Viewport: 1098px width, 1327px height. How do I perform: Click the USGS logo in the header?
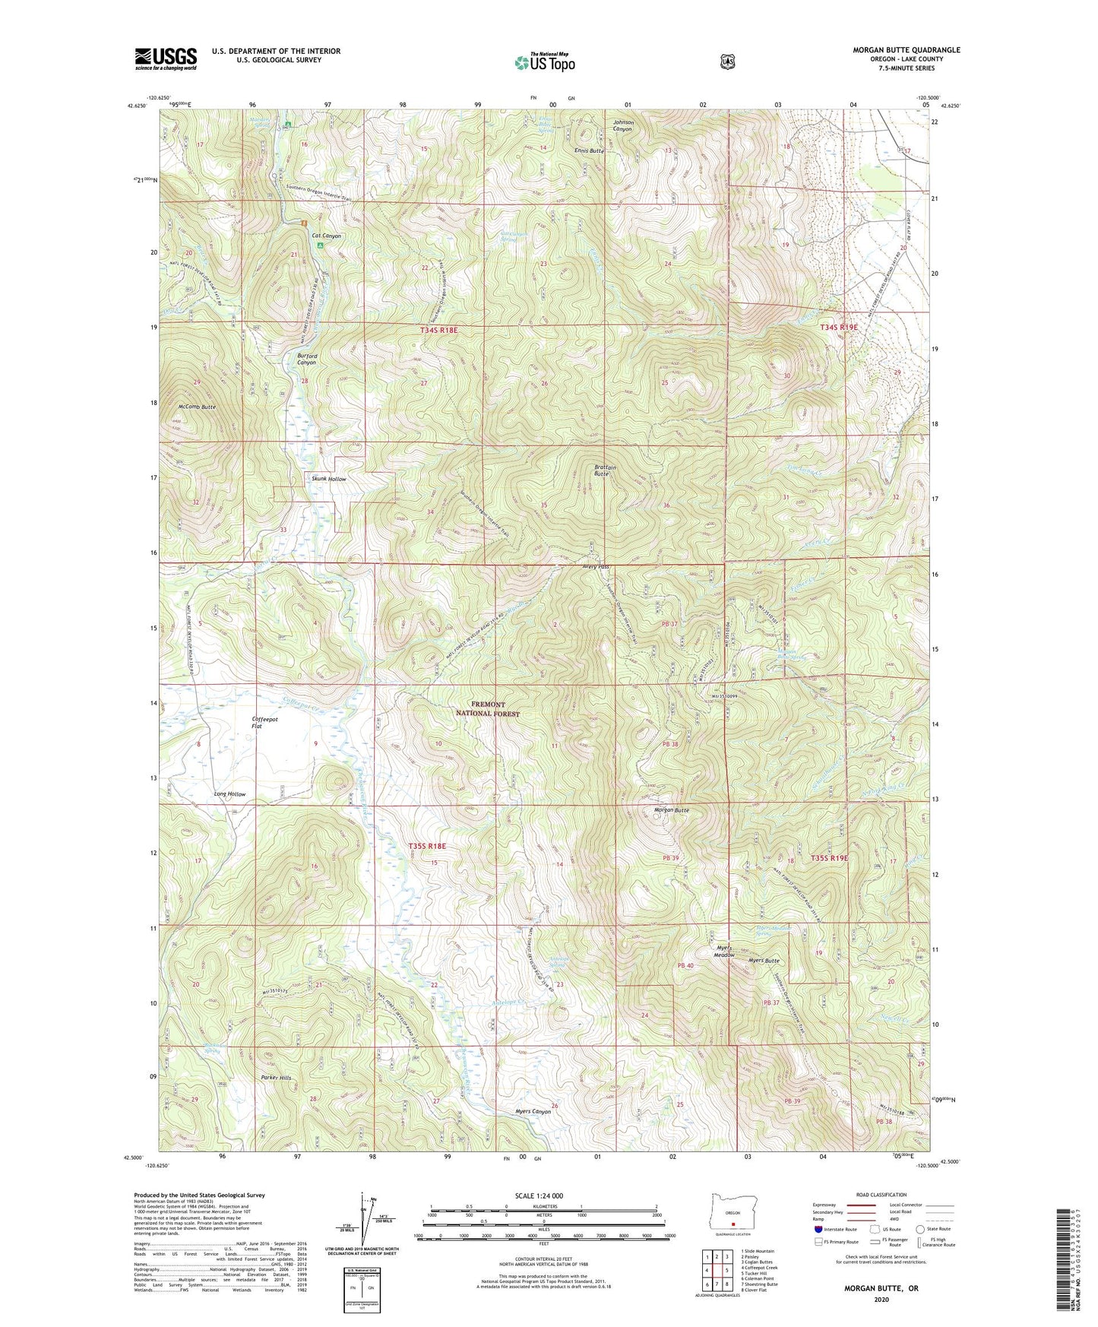point(166,59)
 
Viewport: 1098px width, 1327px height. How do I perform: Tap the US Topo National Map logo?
point(544,62)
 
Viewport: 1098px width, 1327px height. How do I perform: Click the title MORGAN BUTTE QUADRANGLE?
point(895,50)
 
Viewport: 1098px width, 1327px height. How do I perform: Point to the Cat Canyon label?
point(327,236)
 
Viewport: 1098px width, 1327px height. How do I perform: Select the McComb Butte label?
point(197,407)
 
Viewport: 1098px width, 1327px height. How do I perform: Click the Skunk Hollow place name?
point(328,479)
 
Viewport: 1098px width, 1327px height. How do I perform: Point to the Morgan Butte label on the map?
point(671,810)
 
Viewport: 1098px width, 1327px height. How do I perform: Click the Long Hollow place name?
point(229,794)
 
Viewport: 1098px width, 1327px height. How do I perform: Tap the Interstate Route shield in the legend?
point(818,1229)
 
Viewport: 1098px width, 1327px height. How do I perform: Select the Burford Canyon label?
point(306,359)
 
